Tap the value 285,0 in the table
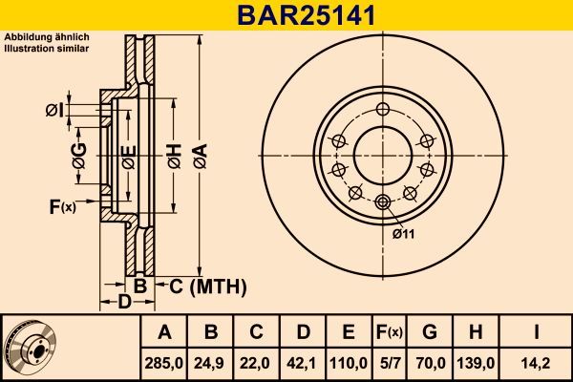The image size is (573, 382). click(164, 363)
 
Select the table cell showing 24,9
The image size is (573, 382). click(211, 363)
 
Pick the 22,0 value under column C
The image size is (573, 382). click(256, 363)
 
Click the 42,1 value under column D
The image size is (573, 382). click(302, 363)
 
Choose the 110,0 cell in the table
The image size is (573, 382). click(349, 363)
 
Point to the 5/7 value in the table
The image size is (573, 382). click(389, 363)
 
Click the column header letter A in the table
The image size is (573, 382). click(164, 332)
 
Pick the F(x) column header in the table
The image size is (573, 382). click(389, 332)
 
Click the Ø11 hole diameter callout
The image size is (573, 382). click(403, 231)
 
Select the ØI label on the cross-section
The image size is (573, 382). click(53, 111)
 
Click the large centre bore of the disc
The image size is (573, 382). click(382, 152)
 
